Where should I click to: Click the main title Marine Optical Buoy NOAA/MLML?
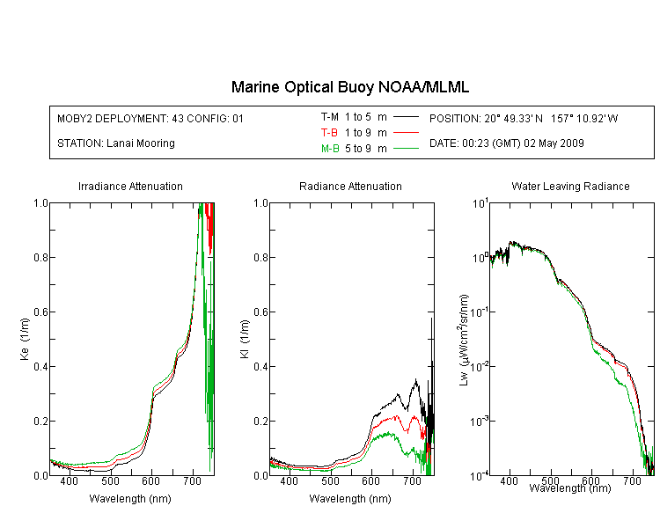349,87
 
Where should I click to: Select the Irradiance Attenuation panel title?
130,186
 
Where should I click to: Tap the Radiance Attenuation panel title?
350,186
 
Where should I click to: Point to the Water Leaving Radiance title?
570,186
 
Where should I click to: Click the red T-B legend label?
329,133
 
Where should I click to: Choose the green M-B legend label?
330,149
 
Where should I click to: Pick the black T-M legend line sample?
406,117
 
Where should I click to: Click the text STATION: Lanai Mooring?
116,143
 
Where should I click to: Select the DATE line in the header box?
506,143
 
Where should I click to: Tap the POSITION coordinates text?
524,118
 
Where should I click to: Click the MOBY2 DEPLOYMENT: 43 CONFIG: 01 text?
150,118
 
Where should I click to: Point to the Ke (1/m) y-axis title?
25,339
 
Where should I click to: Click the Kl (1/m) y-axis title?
245,339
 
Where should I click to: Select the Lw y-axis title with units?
464,340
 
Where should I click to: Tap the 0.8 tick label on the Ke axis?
40,257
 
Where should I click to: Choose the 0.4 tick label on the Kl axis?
260,367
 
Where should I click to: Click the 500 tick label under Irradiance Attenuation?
110,480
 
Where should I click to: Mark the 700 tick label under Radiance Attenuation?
413,480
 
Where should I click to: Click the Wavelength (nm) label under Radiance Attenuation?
350,499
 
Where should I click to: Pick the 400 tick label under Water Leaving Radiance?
510,480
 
